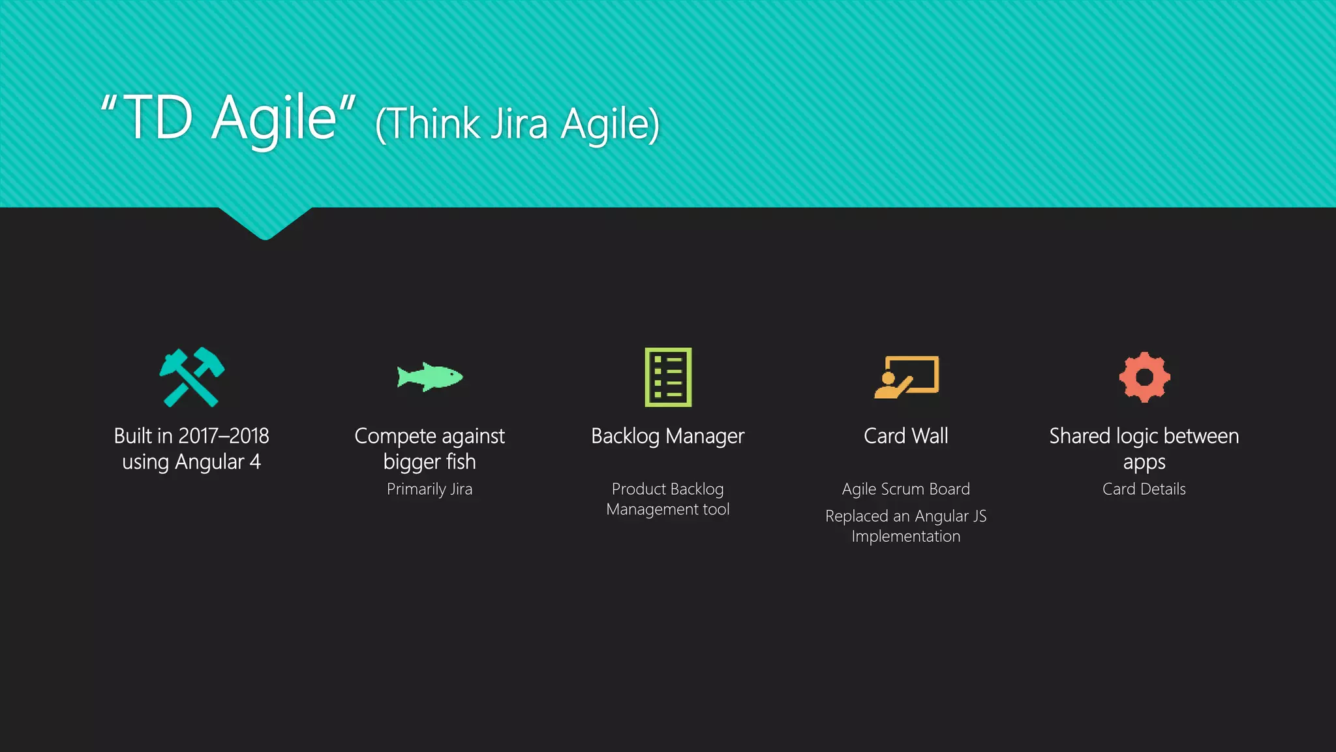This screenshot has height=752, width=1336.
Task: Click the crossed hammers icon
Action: (192, 377)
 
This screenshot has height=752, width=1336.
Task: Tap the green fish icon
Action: (430, 377)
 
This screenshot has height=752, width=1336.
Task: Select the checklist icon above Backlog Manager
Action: (668, 377)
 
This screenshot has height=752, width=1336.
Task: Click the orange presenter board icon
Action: (906, 377)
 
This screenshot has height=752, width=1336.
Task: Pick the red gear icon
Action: (1144, 377)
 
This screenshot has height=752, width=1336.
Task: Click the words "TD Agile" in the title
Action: (228, 117)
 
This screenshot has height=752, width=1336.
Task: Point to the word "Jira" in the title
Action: (519, 123)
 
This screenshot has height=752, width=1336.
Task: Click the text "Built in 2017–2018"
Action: (191, 435)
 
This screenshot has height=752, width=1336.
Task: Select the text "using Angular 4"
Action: (191, 462)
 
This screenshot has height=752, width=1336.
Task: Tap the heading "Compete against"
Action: (429, 435)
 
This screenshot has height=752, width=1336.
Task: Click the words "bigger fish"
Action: (429, 462)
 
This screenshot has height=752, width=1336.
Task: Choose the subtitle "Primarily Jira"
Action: (429, 489)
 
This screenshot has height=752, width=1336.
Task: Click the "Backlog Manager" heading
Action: (667, 435)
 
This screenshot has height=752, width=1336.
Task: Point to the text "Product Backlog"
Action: (667, 489)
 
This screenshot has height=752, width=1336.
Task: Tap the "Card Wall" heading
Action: (905, 435)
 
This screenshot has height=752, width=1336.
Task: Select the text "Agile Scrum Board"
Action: (905, 489)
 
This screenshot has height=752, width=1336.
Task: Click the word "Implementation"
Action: (905, 537)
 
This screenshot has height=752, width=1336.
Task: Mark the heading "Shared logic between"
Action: (1144, 435)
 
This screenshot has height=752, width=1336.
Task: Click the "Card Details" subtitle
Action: (1144, 489)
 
